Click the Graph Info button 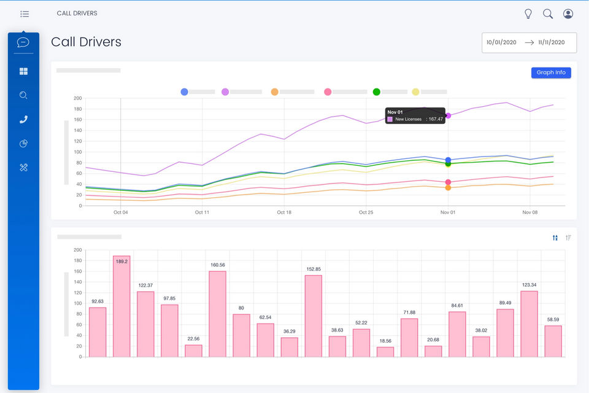coord(551,72)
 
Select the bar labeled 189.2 coord(121,306)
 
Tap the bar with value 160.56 coord(217,314)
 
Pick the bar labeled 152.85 coord(314,316)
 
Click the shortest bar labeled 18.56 coord(385,352)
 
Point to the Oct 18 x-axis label coord(284,212)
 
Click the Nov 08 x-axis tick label coord(529,212)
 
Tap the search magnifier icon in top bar coord(548,14)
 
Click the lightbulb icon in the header coord(528,14)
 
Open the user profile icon coord(568,14)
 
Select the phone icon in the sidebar coord(24,120)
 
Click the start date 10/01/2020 coord(501,42)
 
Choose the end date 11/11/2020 coord(551,42)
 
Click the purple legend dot coord(225,91)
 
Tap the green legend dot coord(376,91)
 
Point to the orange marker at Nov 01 coord(448,188)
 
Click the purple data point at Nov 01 coord(448,116)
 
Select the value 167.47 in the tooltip coord(436,119)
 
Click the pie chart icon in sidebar coord(24,143)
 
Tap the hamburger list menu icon coord(25,14)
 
